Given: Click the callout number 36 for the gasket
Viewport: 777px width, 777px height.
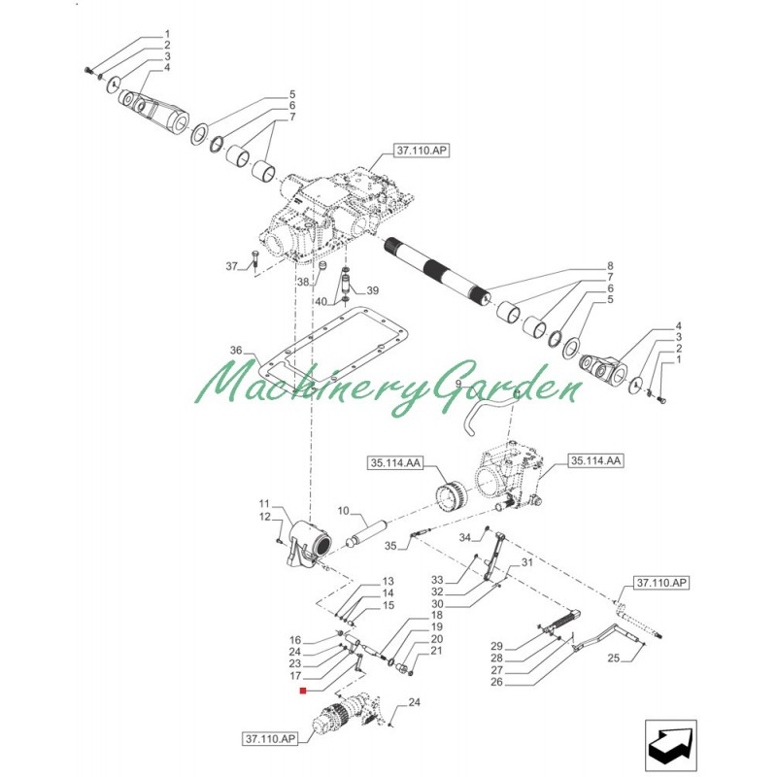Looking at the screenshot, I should click(234, 351).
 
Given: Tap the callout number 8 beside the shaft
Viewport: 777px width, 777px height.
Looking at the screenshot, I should click(610, 266).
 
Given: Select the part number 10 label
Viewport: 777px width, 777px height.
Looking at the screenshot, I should click(342, 511).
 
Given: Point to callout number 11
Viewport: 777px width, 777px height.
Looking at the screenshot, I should click(263, 503).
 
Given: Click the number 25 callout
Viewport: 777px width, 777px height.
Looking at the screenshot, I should click(612, 659).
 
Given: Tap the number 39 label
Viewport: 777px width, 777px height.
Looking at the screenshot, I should click(372, 290).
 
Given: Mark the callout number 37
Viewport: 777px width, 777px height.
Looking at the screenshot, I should click(231, 266).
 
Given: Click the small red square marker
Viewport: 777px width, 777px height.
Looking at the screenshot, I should click(303, 692).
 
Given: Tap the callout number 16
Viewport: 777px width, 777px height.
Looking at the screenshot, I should click(295, 640).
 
